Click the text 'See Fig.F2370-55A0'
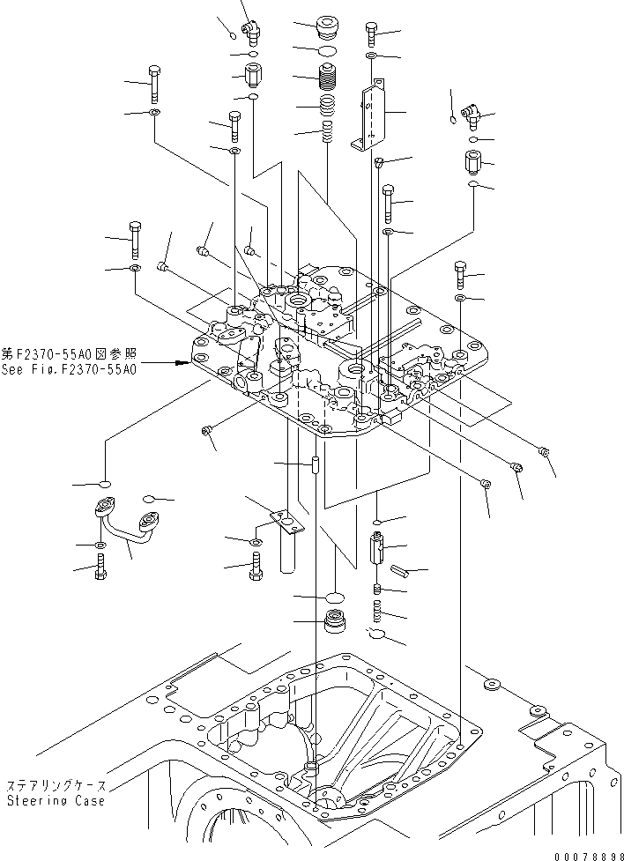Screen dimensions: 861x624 69,370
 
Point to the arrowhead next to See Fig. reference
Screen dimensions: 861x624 183,361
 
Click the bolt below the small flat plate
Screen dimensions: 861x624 256,568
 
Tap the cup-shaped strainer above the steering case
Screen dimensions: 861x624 336,621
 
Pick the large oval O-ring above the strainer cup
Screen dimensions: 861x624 335,598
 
